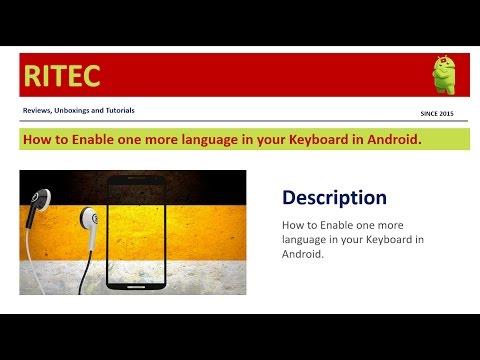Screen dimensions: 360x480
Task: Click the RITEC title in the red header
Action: [62, 74]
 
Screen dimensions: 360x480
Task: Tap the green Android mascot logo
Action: [443, 74]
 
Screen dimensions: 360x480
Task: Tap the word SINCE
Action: [432, 113]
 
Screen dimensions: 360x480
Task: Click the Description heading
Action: [334, 198]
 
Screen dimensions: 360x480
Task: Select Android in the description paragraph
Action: [305, 254]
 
